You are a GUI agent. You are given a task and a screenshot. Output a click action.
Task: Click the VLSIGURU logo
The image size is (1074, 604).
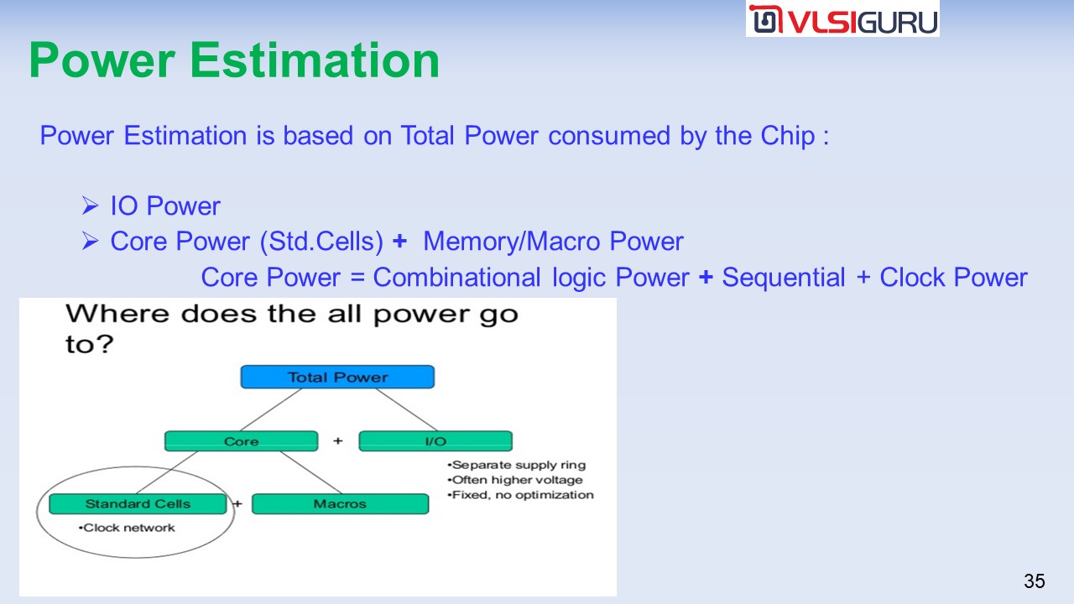(x=842, y=19)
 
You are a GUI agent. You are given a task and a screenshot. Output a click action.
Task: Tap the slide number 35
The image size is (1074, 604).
(x=1035, y=581)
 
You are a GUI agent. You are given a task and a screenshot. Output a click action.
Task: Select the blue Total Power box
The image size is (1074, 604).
(x=337, y=377)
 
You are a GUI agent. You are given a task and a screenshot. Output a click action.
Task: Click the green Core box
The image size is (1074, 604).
(x=241, y=441)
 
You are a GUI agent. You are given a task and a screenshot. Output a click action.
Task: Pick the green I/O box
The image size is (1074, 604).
(x=435, y=441)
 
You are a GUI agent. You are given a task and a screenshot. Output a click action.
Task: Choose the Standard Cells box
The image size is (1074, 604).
(x=138, y=504)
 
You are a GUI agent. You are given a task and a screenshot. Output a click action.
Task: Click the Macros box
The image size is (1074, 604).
(x=340, y=504)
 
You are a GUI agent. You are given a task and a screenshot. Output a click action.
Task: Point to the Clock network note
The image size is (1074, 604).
(x=127, y=528)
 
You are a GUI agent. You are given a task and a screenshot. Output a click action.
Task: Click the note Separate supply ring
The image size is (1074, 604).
(x=516, y=465)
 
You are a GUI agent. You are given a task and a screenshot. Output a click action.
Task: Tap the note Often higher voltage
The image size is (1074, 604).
(x=515, y=480)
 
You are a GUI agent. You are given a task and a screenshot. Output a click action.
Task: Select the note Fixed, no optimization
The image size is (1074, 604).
(x=520, y=495)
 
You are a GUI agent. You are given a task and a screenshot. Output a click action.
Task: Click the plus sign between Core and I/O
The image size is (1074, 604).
(x=338, y=440)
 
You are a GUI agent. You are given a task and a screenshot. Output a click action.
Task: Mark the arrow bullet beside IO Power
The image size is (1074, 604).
(x=90, y=206)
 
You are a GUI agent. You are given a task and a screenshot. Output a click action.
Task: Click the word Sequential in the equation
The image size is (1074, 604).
(x=784, y=277)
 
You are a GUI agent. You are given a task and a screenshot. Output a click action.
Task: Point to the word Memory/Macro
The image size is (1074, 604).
(x=512, y=241)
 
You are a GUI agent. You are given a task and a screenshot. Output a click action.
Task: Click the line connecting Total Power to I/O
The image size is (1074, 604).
(x=406, y=409)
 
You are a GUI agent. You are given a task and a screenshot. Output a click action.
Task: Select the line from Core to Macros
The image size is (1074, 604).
(x=310, y=472)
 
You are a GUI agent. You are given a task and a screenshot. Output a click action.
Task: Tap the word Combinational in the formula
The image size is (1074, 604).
(x=457, y=277)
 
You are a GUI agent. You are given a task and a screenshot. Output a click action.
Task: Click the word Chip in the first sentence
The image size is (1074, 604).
(x=788, y=136)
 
